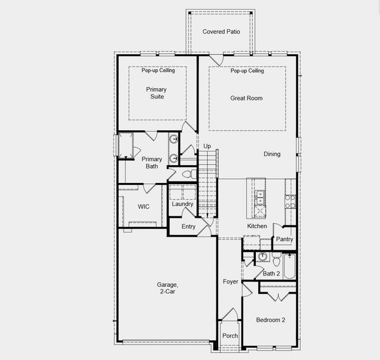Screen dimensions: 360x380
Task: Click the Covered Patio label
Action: [221, 31]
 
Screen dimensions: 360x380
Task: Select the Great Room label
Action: [246, 98]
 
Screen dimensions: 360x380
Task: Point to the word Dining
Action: [272, 154]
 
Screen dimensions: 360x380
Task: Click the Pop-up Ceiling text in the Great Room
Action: [247, 71]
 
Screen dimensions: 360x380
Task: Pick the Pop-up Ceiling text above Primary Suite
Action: [158, 71]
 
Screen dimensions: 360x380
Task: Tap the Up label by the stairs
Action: [207, 146]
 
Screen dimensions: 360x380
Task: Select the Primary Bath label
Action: [152, 163]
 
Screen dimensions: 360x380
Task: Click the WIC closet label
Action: [143, 206]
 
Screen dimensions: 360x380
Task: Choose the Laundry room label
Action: [182, 204]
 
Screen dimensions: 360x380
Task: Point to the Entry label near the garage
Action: [188, 226]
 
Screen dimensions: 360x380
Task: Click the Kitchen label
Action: [257, 226]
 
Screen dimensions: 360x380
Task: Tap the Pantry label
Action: [285, 239]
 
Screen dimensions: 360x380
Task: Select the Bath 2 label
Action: [271, 274]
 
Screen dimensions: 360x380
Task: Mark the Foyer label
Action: [231, 281]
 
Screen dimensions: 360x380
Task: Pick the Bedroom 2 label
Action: [270, 320]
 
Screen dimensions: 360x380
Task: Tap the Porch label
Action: [230, 336]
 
